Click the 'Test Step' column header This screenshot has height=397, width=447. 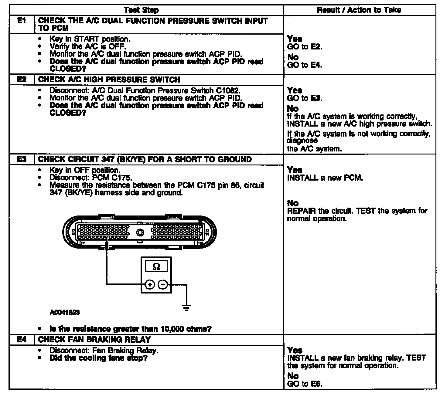tap(141, 10)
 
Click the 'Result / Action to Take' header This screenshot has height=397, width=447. tap(359, 10)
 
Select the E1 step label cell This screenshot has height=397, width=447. tap(22, 21)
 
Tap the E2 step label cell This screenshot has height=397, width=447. tap(22, 80)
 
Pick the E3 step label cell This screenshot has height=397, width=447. tap(22, 159)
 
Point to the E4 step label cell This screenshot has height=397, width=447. tap(22, 339)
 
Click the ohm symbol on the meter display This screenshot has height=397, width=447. tap(156, 266)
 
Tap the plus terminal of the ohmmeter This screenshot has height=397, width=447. tap(149, 284)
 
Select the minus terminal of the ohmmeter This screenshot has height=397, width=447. tap(163, 284)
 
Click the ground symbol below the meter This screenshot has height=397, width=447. tap(186, 308)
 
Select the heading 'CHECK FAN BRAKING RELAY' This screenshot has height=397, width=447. tap(94, 339)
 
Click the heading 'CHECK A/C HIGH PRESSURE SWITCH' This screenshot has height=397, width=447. tap(109, 80)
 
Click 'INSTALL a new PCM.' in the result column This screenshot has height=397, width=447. tap(325, 178)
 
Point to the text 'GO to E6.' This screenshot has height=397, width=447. tap(305, 384)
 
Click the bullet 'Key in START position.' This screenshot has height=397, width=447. tap(90, 39)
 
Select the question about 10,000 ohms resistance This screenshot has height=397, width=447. tap(131, 329)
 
